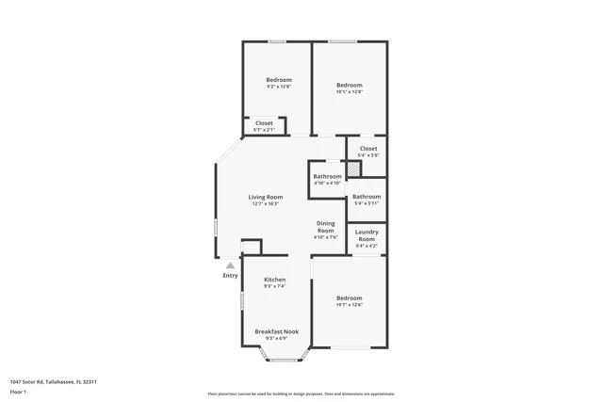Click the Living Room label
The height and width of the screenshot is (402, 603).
coord(266,197)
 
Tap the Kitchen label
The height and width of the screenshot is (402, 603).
coord(274,280)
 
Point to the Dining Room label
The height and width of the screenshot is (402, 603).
coord(325,227)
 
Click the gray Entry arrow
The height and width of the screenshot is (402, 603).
coord(229,266)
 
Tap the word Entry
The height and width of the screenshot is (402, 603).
coord(230,276)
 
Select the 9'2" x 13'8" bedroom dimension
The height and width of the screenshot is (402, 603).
coord(278,87)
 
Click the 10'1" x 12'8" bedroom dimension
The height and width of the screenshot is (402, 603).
coord(350,91)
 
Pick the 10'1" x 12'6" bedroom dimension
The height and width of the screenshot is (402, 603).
coord(349,305)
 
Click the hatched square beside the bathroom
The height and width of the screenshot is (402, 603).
coord(352,169)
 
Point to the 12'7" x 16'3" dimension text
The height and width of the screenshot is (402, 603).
coord(266,203)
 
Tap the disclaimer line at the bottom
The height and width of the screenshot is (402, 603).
coord(301,394)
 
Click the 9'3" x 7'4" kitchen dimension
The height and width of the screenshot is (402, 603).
coord(274,286)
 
